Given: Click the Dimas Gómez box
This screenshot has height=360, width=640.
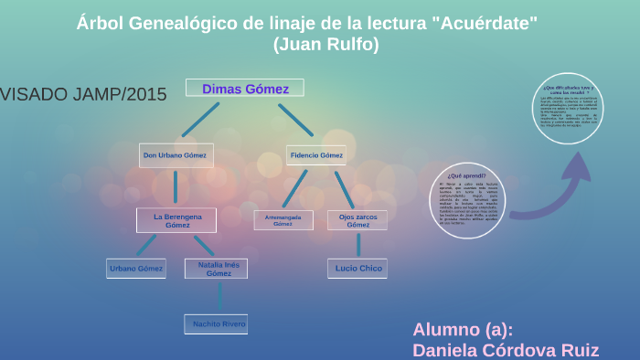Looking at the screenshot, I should (x=245, y=89).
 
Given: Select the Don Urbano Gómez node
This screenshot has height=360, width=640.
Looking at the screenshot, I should (x=176, y=155).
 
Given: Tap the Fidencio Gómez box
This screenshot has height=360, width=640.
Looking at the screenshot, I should (x=316, y=155).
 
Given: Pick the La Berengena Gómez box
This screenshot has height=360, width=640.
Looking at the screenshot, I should (x=176, y=219).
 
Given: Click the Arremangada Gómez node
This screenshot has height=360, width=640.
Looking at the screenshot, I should (x=283, y=220).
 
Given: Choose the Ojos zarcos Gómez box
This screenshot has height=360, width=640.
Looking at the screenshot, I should (x=357, y=219).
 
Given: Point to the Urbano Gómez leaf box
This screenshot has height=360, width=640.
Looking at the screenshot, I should (x=136, y=269).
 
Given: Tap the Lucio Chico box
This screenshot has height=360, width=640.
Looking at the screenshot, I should (x=358, y=268).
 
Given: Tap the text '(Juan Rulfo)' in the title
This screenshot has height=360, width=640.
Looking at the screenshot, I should (x=325, y=43).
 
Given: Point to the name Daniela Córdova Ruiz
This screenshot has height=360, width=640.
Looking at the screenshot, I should (x=506, y=349).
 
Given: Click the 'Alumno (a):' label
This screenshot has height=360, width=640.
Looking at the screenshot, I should (x=463, y=330).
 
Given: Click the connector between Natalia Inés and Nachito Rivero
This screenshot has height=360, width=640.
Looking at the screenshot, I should (x=220, y=296).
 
